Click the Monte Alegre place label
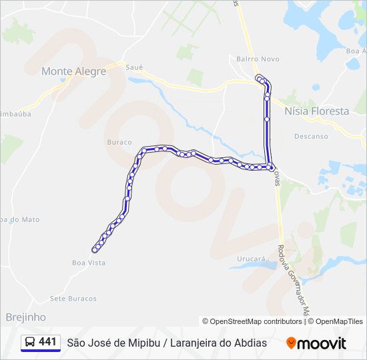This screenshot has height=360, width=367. tap(73, 71)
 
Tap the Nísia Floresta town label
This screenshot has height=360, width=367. tap(316, 111)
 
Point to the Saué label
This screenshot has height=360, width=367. tap(134, 67)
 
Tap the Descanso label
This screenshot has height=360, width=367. tap(311, 136)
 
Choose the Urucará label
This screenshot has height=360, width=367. tap(252, 258)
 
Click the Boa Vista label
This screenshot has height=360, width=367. tap(89, 263)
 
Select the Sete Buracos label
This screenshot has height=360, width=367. tap(73, 298)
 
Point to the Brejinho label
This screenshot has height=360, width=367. tap(26, 317)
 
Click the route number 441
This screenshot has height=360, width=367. tap(47, 342)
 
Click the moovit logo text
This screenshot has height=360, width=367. tap(322, 343)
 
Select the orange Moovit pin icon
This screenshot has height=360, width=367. tap(291, 343)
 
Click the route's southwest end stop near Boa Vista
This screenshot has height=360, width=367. tap(95, 250)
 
